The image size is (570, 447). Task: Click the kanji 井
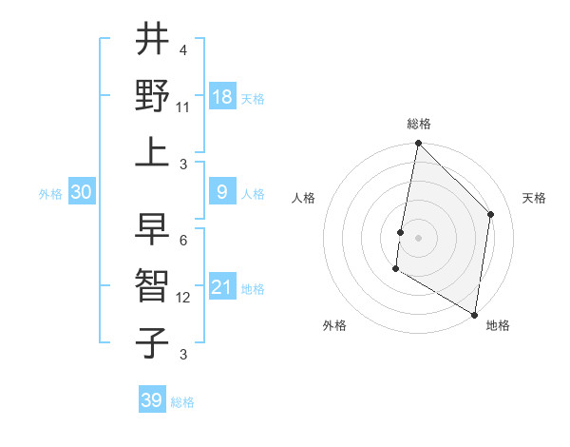pos(153,40)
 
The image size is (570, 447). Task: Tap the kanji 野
pos(153,97)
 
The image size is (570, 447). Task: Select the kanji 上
pos(153,152)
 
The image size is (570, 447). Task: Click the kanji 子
pos(153,342)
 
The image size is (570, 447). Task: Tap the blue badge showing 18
pos(222,97)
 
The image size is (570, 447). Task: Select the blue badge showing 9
pos(222,192)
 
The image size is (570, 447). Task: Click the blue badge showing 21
pos(222,287)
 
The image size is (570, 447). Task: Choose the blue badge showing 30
pos(82,192)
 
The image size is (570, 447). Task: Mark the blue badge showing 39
pos(151,400)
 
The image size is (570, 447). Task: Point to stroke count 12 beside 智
pos(183,298)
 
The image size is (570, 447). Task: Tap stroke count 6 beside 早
pos(182,240)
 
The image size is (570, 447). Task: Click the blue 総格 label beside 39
pos(182,402)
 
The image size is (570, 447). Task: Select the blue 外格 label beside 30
pos(50,194)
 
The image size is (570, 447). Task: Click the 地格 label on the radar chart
pos(498,325)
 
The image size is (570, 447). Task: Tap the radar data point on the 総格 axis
pos(418,144)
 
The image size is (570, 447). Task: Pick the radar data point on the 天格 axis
pos(491,214)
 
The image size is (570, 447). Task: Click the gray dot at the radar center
pos(418,237)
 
